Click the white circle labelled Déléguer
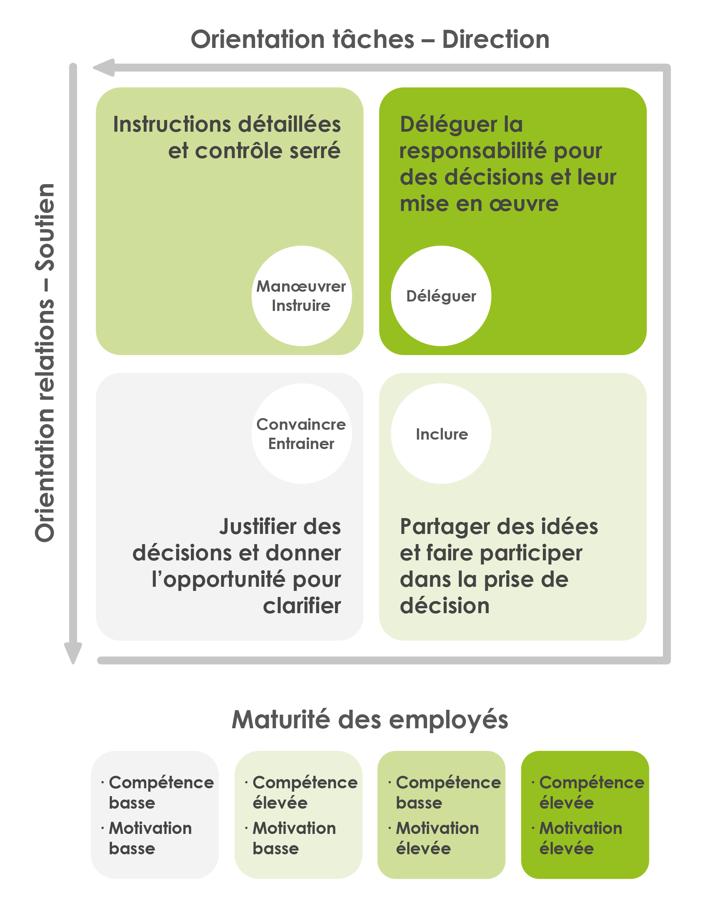click(441, 296)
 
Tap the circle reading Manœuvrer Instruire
click(302, 296)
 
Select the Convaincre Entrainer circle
click(302, 434)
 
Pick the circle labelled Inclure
click(441, 434)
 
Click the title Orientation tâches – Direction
click(370, 40)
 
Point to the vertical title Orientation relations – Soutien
click(45, 362)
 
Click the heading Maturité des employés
click(370, 720)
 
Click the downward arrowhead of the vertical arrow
click(73, 653)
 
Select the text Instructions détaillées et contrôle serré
click(227, 137)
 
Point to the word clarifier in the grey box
click(302, 606)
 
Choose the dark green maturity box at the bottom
click(584, 815)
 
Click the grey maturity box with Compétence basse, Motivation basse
click(155, 815)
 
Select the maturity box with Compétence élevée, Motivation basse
click(298, 815)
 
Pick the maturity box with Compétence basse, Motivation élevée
click(441, 815)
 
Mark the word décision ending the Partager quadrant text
click(445, 606)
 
